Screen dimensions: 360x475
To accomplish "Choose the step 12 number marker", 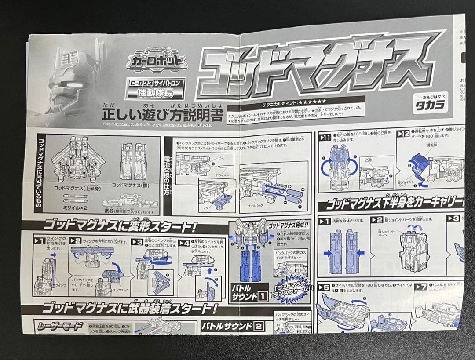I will (x=403, y=134).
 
